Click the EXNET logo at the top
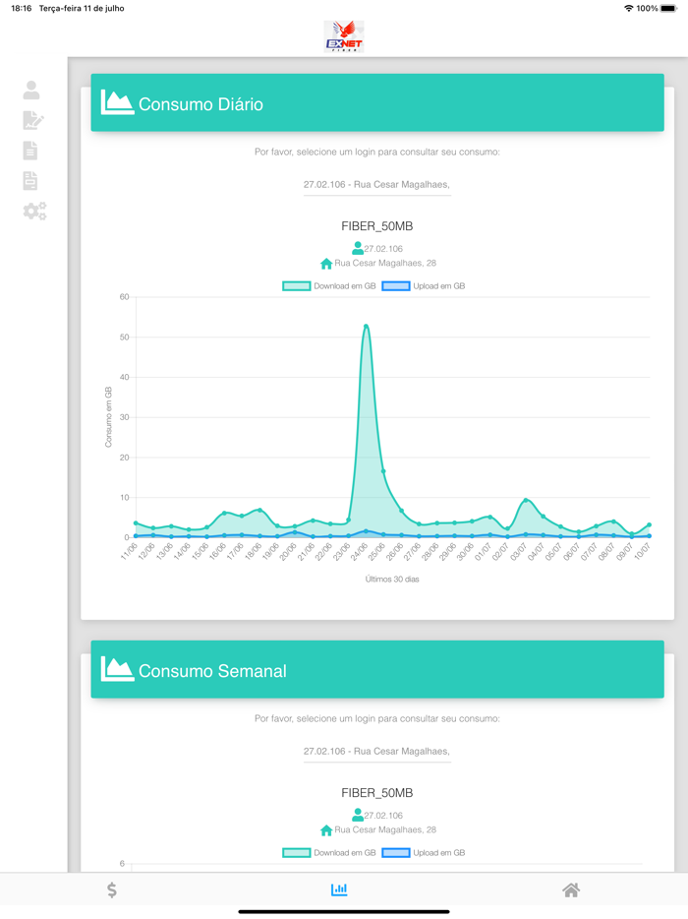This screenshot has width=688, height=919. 344,36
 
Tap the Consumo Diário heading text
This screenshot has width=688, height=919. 201,104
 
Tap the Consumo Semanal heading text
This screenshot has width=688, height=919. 212,671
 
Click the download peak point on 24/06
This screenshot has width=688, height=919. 366,326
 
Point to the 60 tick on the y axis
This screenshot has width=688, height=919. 124,297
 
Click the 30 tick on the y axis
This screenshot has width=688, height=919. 124,417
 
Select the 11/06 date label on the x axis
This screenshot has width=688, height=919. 129,553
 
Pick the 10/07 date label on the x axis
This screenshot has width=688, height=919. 642,553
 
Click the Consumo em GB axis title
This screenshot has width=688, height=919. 108,417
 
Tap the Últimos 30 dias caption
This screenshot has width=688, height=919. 391,580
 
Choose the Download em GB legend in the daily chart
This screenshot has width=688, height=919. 329,286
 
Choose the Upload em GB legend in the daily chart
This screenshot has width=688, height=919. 424,286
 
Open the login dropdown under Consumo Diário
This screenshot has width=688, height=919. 376,184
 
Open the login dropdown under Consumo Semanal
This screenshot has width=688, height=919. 376,751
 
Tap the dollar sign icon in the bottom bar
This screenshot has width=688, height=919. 112,889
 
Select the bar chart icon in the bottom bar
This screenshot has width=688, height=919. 339,889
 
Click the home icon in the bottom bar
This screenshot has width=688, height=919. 571,889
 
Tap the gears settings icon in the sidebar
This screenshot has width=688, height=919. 34,212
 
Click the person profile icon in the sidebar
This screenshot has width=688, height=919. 31,91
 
